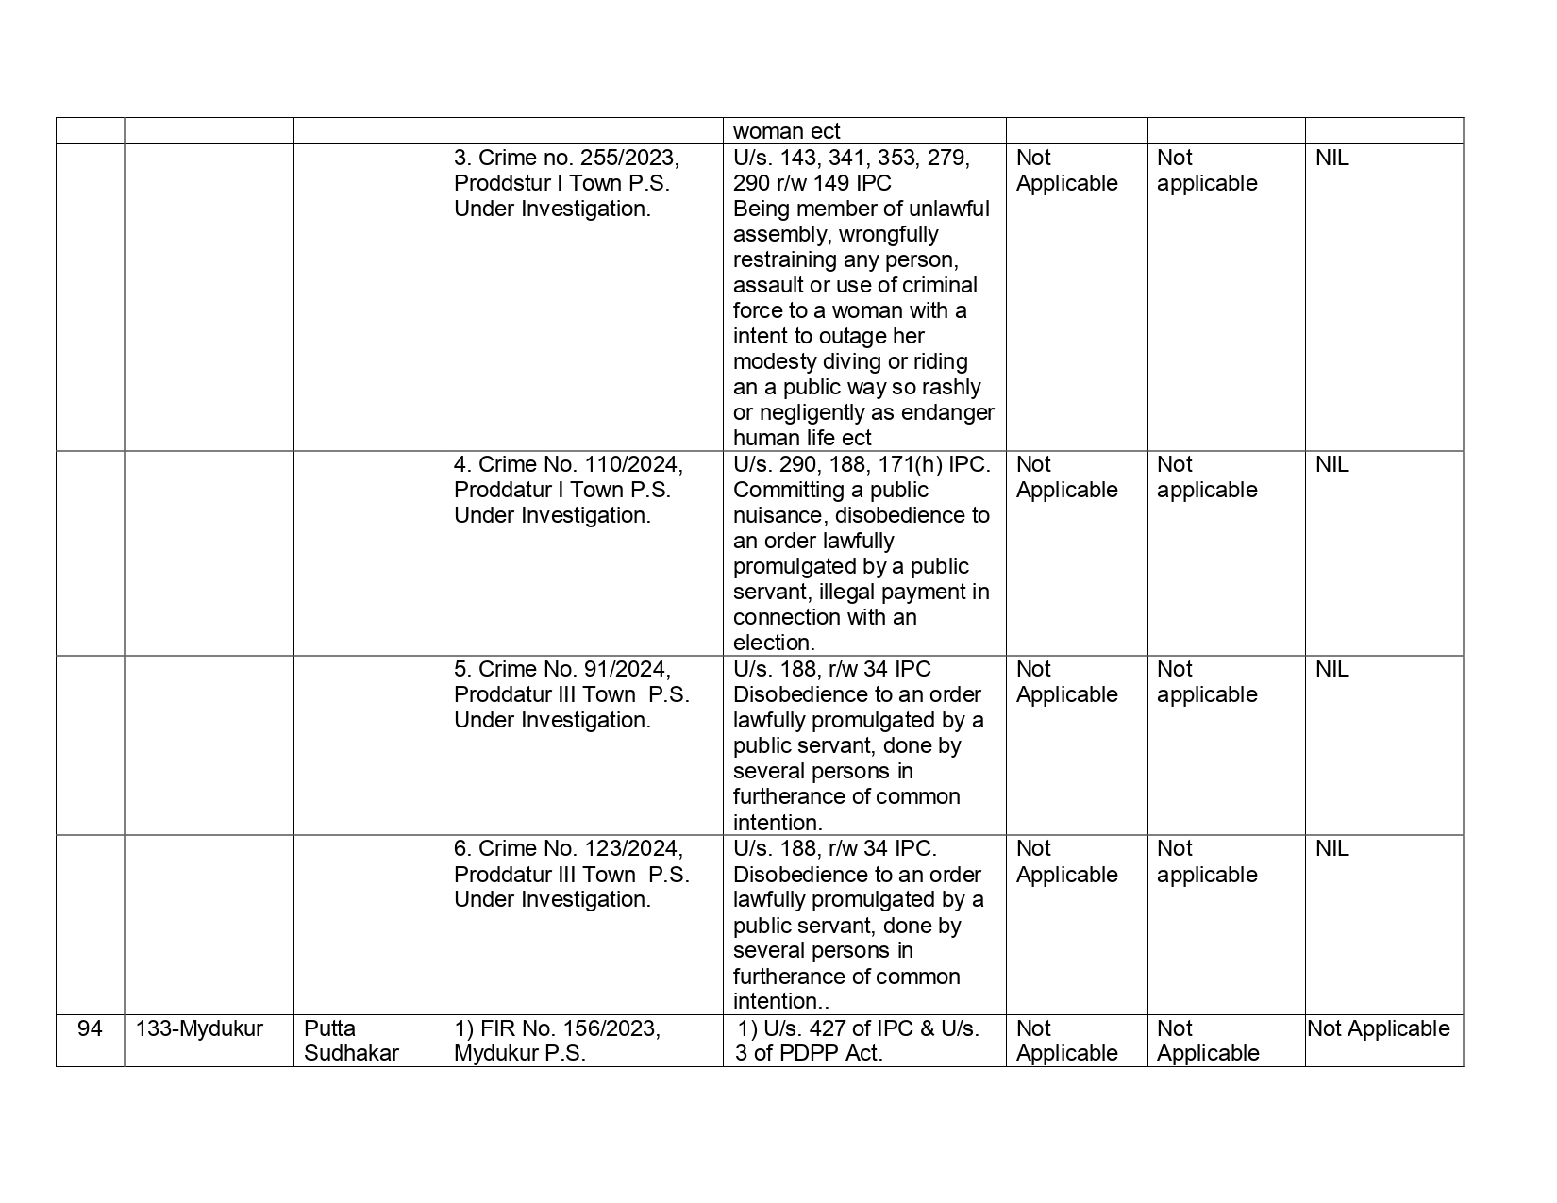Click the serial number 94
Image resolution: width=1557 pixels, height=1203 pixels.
click(x=90, y=1028)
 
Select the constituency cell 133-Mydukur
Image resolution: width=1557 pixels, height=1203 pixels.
click(x=199, y=1028)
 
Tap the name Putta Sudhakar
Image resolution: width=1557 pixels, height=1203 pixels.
click(x=351, y=1041)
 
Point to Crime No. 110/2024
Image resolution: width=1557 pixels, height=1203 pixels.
click(x=580, y=464)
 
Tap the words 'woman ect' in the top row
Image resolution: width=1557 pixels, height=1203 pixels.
click(x=786, y=131)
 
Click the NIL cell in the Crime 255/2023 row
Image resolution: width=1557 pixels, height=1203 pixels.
click(x=1331, y=158)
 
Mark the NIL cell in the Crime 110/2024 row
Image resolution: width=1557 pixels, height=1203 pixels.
click(x=1331, y=464)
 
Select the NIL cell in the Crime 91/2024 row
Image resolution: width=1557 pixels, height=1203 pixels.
click(x=1331, y=669)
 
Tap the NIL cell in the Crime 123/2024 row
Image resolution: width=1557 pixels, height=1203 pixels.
click(x=1331, y=848)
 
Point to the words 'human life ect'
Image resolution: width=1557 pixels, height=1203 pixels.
click(x=802, y=438)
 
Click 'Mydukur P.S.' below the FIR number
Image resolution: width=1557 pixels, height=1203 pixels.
click(x=519, y=1053)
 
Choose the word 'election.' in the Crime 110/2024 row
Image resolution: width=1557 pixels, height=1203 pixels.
click(x=774, y=643)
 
